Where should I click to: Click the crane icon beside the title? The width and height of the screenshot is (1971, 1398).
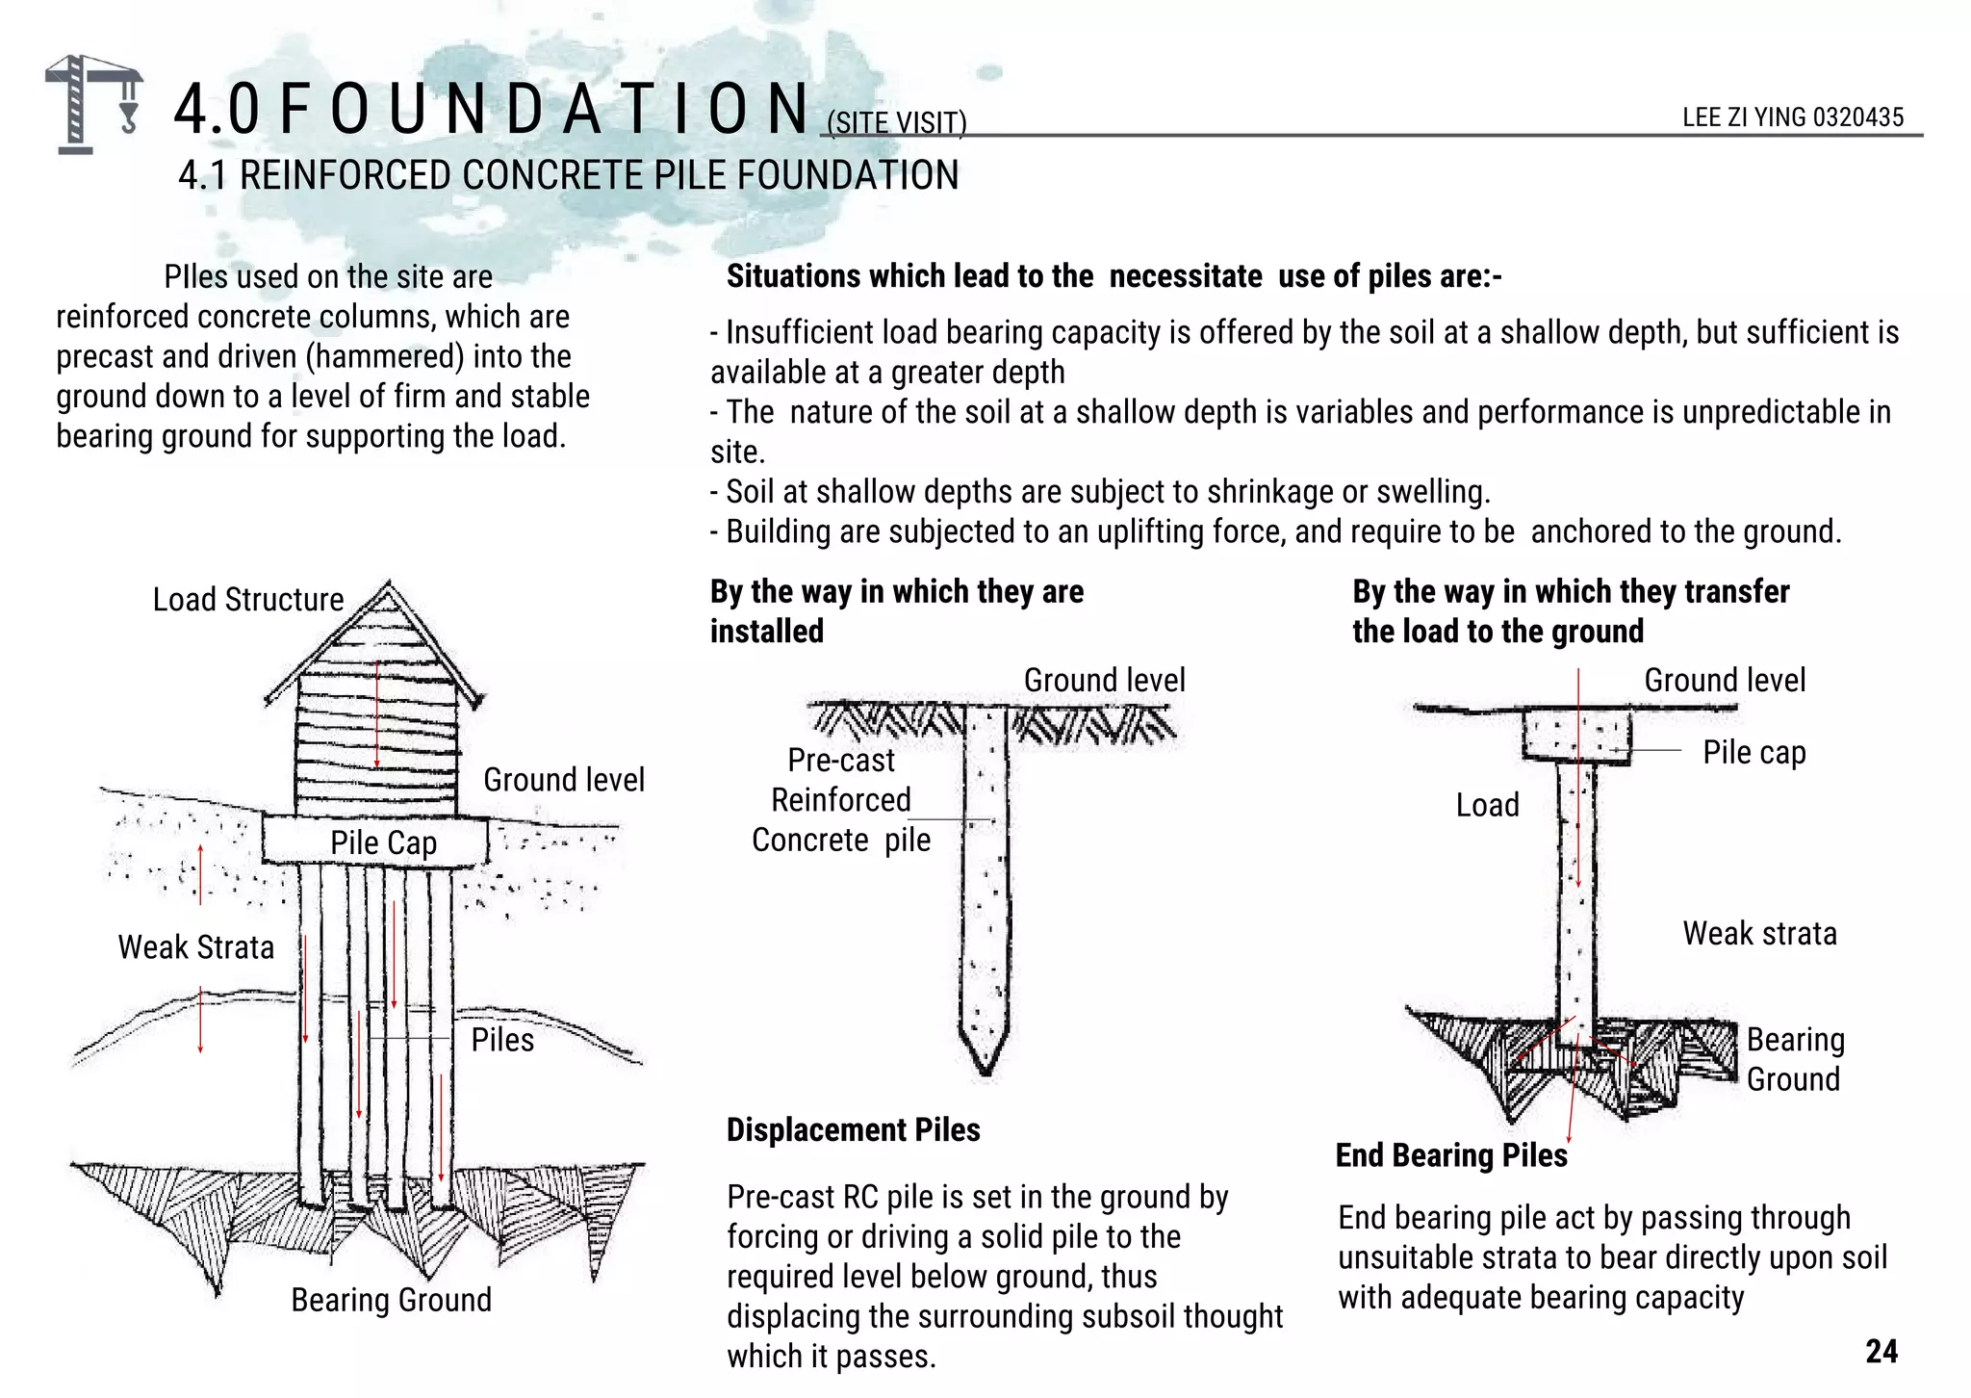tap(93, 104)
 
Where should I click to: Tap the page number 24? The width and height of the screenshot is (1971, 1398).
tap(1881, 1351)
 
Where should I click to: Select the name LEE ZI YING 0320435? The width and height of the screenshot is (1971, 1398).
tap(1792, 117)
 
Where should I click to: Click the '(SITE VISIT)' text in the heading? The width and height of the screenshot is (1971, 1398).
tap(896, 123)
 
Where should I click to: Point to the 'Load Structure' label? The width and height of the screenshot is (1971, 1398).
tap(247, 600)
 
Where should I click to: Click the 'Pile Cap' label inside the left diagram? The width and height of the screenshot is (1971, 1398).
tap(383, 842)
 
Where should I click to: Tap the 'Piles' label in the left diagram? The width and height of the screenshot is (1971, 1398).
tap(502, 1040)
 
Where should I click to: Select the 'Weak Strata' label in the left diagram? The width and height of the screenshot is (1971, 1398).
tap(195, 947)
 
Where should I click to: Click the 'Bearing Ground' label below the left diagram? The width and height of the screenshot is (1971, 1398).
tap(391, 1300)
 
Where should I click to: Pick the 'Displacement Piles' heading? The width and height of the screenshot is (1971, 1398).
tap(853, 1129)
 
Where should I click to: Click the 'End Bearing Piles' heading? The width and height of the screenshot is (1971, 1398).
tap(1450, 1155)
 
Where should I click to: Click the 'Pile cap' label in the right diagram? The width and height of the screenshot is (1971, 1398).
tap(1753, 752)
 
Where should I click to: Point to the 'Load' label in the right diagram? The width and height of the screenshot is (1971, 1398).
tap(1487, 805)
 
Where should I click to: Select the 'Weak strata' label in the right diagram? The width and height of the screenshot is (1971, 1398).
tap(1759, 933)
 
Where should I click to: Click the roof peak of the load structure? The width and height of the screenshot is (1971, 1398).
tap(388, 585)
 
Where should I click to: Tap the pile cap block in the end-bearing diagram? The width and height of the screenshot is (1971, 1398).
tap(1576, 736)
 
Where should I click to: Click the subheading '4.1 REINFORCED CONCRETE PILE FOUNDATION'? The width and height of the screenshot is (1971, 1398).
tap(568, 175)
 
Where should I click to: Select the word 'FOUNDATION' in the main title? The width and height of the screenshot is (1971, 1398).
tap(545, 109)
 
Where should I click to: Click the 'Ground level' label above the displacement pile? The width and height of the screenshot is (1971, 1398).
tap(1104, 680)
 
